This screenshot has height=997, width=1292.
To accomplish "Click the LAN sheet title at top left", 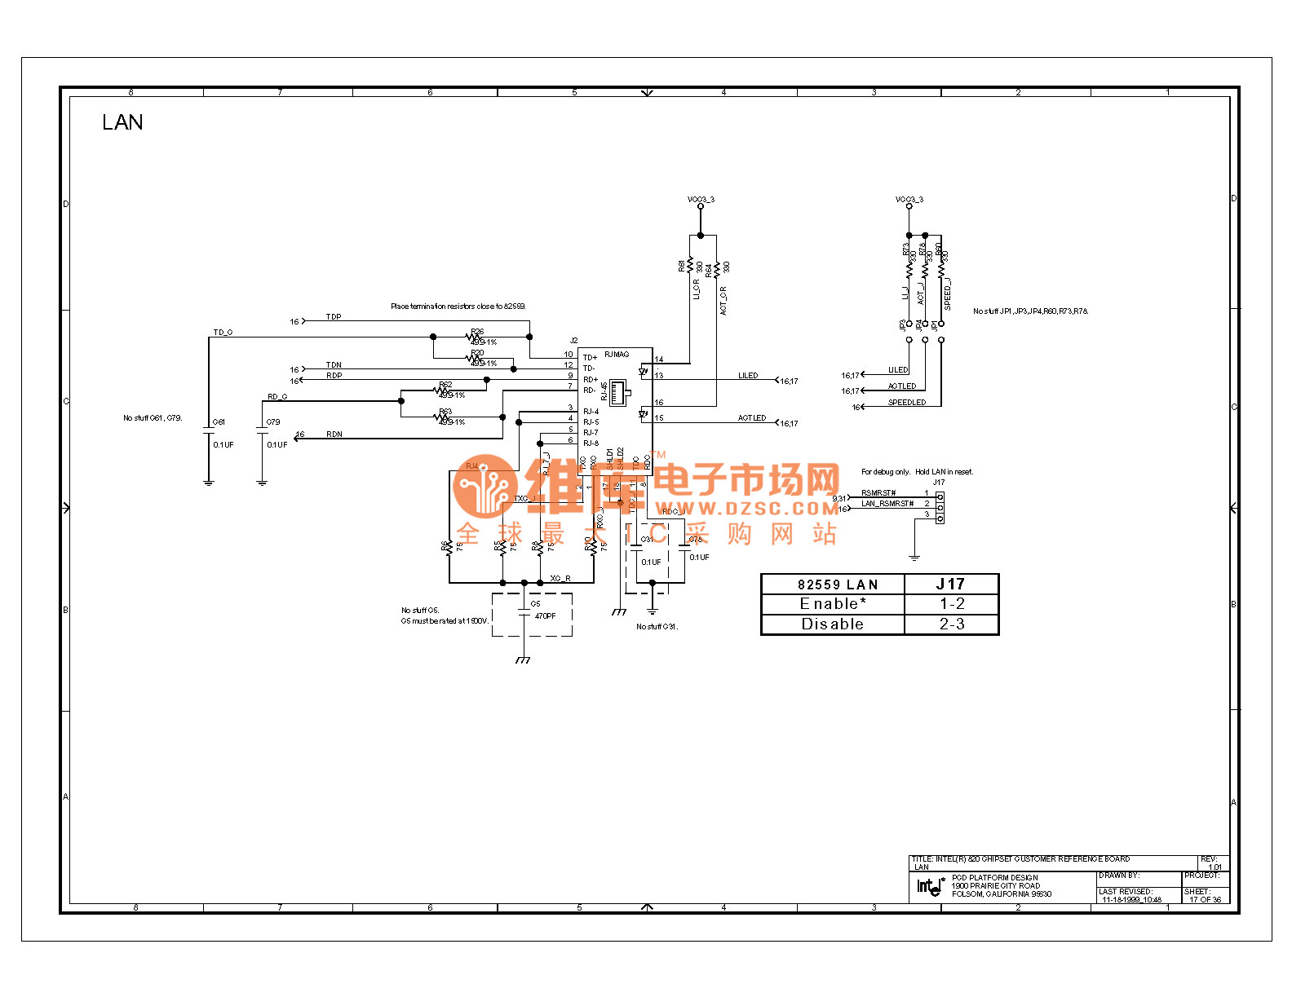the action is click(122, 122).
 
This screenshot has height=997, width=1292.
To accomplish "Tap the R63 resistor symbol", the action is click(442, 417).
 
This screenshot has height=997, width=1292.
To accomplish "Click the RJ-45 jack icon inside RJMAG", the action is click(619, 392).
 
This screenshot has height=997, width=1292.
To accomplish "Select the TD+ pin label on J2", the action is click(590, 357).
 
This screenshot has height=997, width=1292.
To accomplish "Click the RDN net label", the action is click(334, 435).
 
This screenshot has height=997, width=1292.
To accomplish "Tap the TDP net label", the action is click(334, 317).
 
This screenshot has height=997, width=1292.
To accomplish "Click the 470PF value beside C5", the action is click(545, 616).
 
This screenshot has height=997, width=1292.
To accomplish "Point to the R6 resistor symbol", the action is click(449, 546).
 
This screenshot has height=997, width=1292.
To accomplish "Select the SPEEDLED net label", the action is click(907, 403).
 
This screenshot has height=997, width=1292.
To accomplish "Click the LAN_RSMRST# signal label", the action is click(887, 504).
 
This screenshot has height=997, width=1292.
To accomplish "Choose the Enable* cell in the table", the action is click(833, 604).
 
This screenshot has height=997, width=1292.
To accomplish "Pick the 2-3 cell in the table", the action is click(952, 624).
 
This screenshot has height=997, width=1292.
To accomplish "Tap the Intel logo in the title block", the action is click(929, 886).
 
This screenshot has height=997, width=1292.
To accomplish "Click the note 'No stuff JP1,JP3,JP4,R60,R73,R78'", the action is click(1030, 311).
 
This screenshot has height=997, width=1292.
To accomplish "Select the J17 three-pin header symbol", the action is click(940, 507).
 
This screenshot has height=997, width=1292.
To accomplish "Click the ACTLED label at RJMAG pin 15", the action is click(752, 418).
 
